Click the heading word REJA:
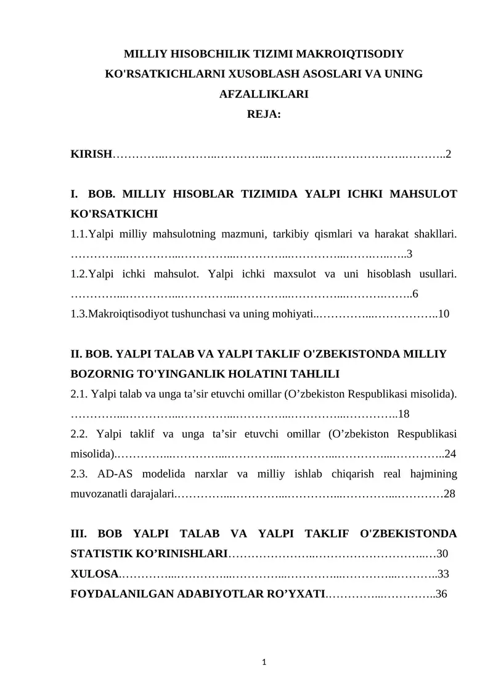click(264, 114)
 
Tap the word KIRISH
click(91, 154)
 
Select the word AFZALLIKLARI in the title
click(264, 94)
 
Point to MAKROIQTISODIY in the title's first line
click(344, 54)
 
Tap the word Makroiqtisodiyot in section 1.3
click(127, 314)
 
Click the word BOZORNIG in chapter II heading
click(97, 373)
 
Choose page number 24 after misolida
click(450, 454)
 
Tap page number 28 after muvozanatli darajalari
click(449, 494)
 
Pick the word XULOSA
click(94, 574)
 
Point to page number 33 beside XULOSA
click(442, 574)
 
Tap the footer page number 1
click(264, 662)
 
